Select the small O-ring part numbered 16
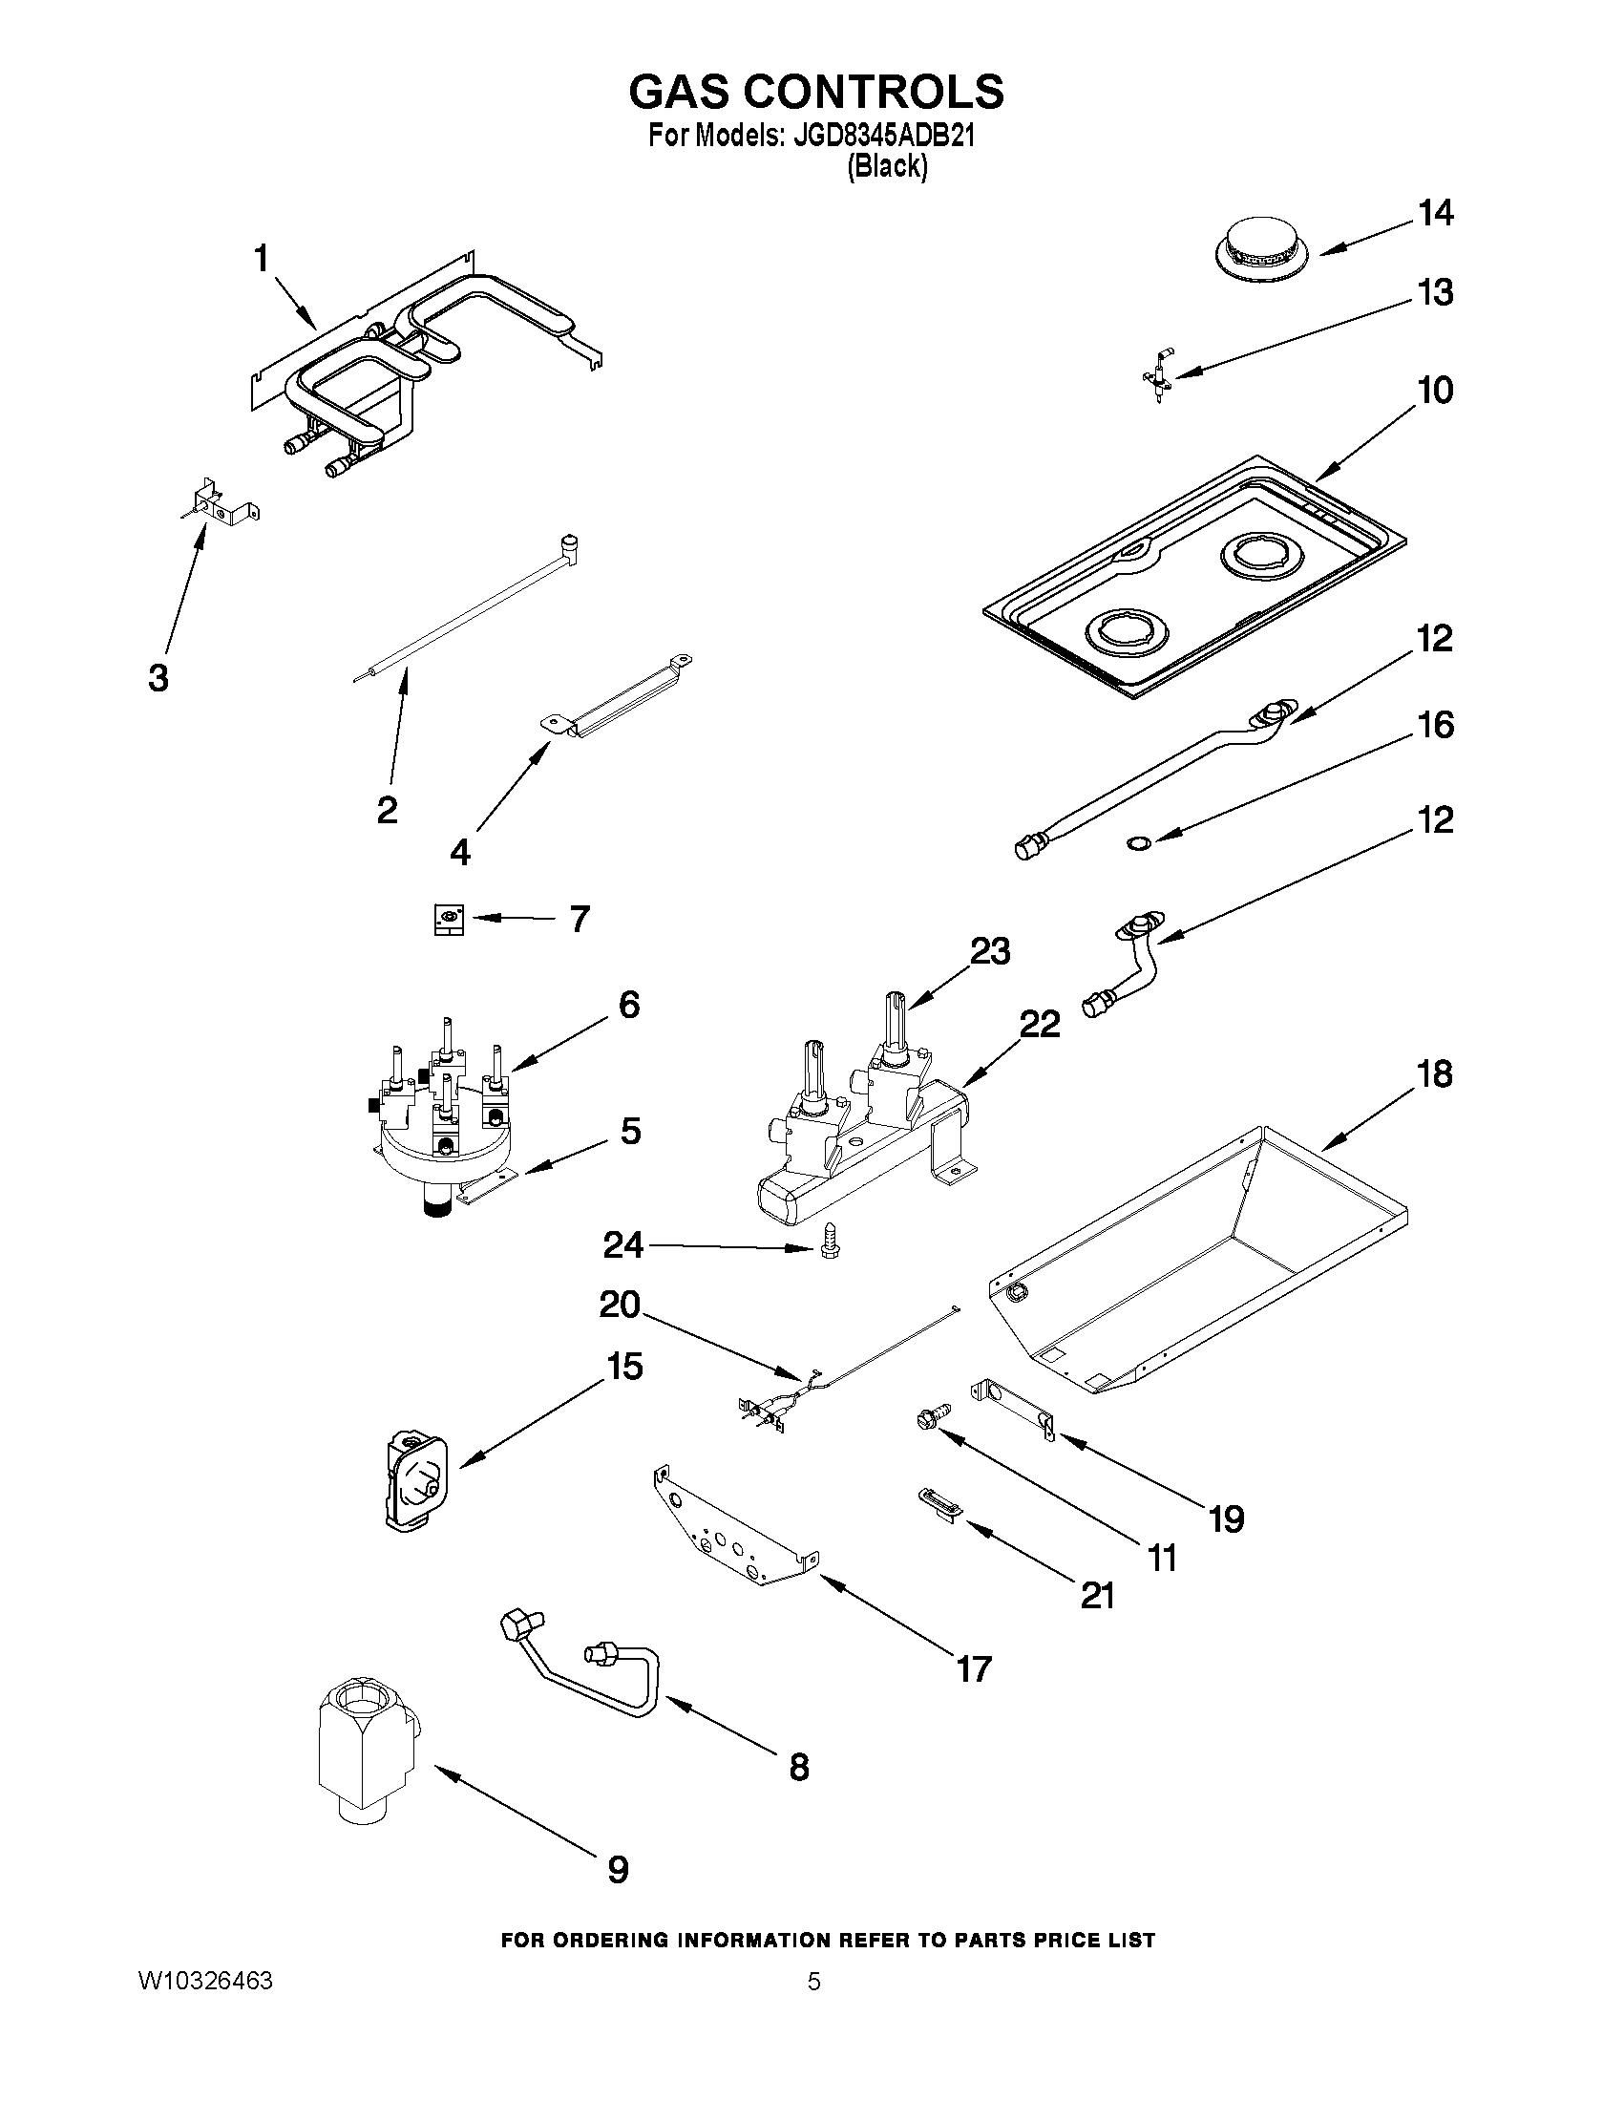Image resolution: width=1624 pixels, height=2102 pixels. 1137,844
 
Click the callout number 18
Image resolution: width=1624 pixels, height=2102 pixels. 1434,1074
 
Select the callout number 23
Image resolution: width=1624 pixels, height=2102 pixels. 989,951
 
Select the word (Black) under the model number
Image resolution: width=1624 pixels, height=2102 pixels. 886,167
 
